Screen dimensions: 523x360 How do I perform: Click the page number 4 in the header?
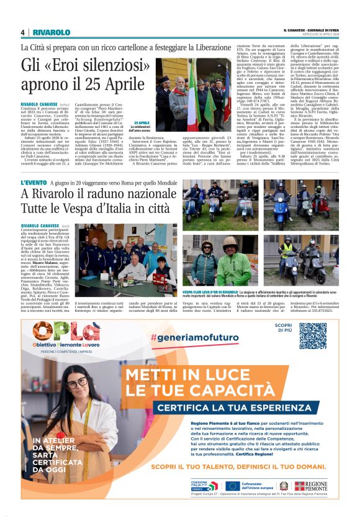[22, 32]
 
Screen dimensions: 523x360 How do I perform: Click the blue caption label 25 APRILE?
[142, 122]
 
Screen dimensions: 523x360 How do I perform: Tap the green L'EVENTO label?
[34, 183]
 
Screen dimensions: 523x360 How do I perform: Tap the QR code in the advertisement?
[312, 335]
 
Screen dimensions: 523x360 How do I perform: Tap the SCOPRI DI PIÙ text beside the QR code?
[284, 329]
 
